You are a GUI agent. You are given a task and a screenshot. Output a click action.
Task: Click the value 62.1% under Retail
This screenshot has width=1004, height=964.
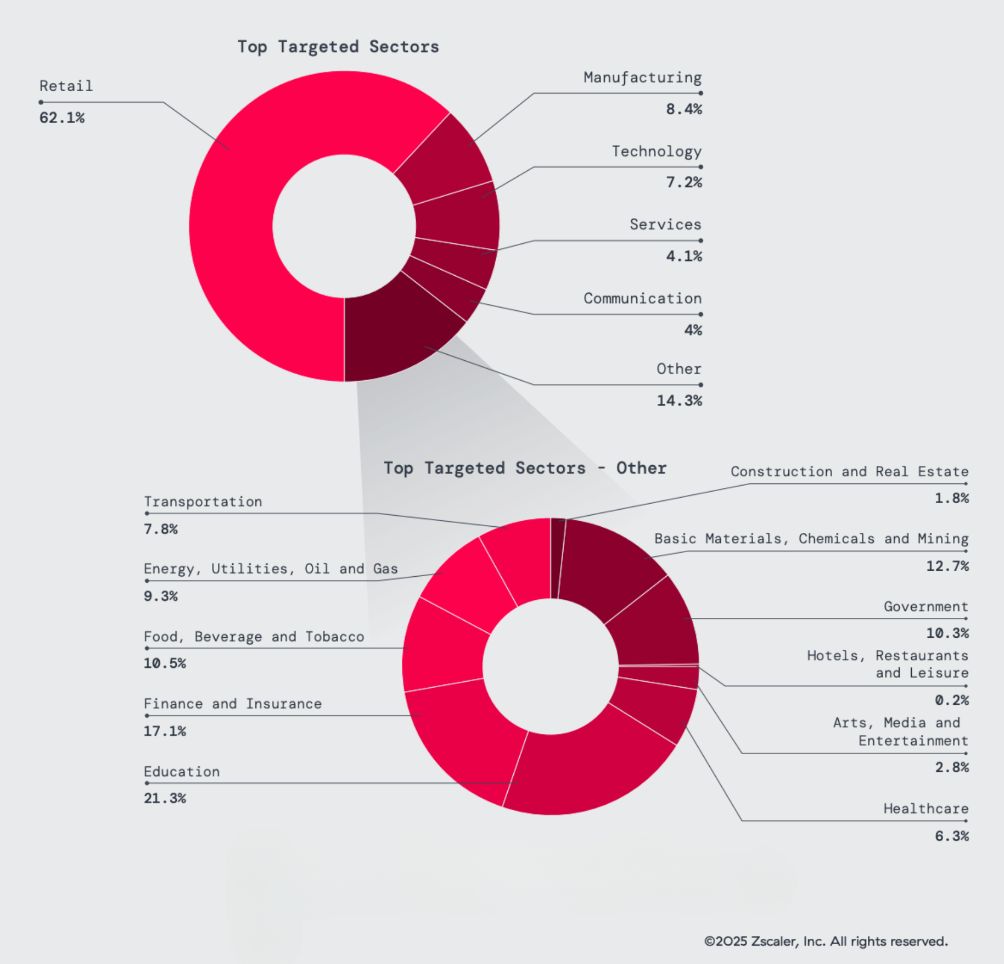pyautogui.click(x=62, y=118)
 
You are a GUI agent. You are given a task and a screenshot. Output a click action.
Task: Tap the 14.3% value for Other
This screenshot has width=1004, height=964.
pyautogui.click(x=679, y=400)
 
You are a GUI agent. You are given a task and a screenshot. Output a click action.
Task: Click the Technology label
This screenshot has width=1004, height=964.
pyautogui.click(x=657, y=151)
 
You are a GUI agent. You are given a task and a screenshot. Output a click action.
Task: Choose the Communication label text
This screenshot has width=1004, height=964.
pyautogui.click(x=642, y=298)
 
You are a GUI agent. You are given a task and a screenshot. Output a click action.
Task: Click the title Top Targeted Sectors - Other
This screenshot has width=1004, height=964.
pyautogui.click(x=525, y=468)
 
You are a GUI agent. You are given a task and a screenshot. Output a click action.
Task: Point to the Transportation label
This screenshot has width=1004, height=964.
pyautogui.click(x=203, y=501)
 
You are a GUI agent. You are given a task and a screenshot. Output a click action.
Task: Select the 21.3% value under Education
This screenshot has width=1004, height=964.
pyautogui.click(x=165, y=798)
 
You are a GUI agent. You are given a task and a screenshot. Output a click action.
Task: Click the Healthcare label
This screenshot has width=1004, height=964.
pyautogui.click(x=926, y=809)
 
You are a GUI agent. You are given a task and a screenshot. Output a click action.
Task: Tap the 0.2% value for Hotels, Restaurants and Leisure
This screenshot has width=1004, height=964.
pyautogui.click(x=951, y=700)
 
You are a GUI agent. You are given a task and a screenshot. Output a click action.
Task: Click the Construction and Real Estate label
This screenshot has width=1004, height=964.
pyautogui.click(x=849, y=471)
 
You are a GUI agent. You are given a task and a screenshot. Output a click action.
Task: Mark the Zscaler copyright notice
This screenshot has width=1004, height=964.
pyautogui.click(x=826, y=941)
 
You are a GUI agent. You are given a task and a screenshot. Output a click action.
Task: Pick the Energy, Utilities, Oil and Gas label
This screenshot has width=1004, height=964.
pyautogui.click(x=271, y=569)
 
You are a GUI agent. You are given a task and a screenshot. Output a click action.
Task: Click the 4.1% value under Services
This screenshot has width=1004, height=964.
pyautogui.click(x=683, y=256)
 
